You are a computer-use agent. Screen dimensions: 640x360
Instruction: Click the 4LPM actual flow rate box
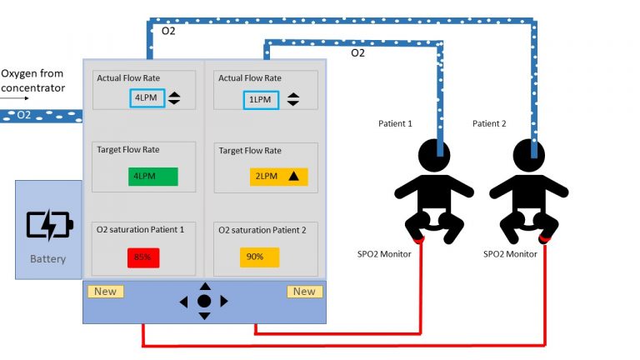147,98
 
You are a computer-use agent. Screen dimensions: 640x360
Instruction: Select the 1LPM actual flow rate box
261,100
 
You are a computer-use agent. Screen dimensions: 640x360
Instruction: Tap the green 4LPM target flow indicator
153,177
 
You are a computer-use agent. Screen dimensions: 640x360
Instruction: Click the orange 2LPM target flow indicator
279,177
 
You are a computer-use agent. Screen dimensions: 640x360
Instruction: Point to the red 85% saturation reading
143,257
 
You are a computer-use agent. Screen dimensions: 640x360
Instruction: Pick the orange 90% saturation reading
260,257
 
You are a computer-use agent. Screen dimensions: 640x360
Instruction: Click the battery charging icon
50,224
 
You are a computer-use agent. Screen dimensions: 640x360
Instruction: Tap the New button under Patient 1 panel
106,292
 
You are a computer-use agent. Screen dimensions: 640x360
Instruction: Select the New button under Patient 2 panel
304,292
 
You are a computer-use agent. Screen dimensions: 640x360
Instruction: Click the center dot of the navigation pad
204,301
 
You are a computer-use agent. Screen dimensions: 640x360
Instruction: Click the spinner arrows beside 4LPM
174,98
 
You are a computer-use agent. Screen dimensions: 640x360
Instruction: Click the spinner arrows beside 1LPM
293,100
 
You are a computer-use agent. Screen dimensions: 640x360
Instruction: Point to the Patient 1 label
395,123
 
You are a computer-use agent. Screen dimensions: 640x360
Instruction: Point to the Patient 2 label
489,123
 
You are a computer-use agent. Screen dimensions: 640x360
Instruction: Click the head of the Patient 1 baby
434,156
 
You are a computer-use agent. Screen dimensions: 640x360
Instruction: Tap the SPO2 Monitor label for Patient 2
510,254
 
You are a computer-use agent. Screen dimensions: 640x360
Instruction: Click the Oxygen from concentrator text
33,81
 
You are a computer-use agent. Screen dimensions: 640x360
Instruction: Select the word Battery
47,259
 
